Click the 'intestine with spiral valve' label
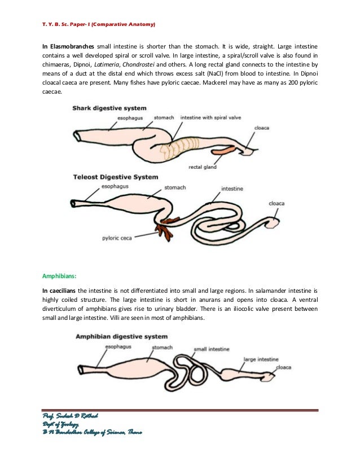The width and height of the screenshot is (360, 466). pos(210,117)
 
